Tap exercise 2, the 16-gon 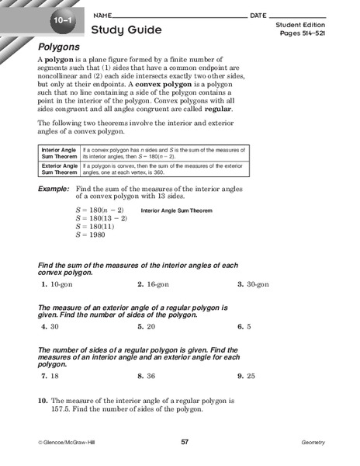point(153,285)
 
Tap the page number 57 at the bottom point(185,442)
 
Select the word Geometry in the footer point(313,442)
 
